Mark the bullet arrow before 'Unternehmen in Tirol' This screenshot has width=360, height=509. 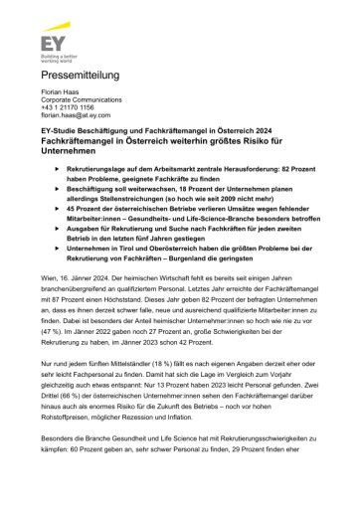pos(57,268)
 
